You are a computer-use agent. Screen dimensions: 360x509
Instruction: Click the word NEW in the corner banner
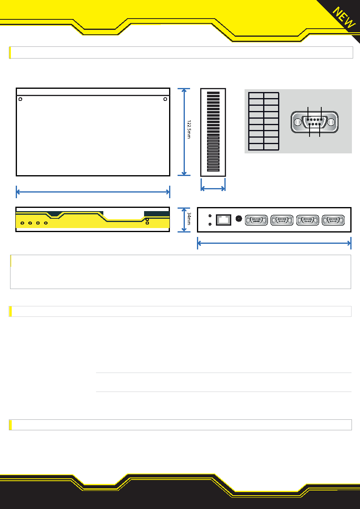point(344,17)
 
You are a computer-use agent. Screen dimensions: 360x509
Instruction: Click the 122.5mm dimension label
point(189,129)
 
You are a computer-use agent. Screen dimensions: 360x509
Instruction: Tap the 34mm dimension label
point(189,219)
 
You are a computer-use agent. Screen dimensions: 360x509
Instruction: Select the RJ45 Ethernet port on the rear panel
point(224,220)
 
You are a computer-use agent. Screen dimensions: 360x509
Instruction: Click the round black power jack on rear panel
point(239,219)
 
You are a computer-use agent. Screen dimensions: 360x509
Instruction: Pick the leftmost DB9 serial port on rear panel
point(256,220)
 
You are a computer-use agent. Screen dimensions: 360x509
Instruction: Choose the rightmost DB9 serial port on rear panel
point(333,220)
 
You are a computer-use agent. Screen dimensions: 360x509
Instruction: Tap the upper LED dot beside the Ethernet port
point(210,216)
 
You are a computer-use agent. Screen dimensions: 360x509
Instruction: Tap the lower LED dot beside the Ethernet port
point(210,224)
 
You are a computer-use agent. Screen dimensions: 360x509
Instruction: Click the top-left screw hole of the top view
point(20,99)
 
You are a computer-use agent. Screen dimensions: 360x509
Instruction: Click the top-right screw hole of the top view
point(165,99)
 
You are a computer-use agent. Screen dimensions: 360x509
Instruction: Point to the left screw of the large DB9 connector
point(298,122)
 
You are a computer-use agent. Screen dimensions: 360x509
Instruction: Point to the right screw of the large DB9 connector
point(331,122)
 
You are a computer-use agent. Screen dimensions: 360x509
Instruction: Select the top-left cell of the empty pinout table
point(256,95)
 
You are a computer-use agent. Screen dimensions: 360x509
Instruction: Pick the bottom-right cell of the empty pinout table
point(271,147)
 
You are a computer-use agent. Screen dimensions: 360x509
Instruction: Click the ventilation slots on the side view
point(213,132)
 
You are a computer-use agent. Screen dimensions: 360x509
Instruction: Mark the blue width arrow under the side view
point(213,189)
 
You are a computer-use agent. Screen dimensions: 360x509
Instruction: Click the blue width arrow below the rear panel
point(274,243)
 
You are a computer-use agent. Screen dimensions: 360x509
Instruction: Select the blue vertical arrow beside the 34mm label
point(184,220)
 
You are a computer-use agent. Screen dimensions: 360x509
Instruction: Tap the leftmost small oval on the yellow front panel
point(22,223)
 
